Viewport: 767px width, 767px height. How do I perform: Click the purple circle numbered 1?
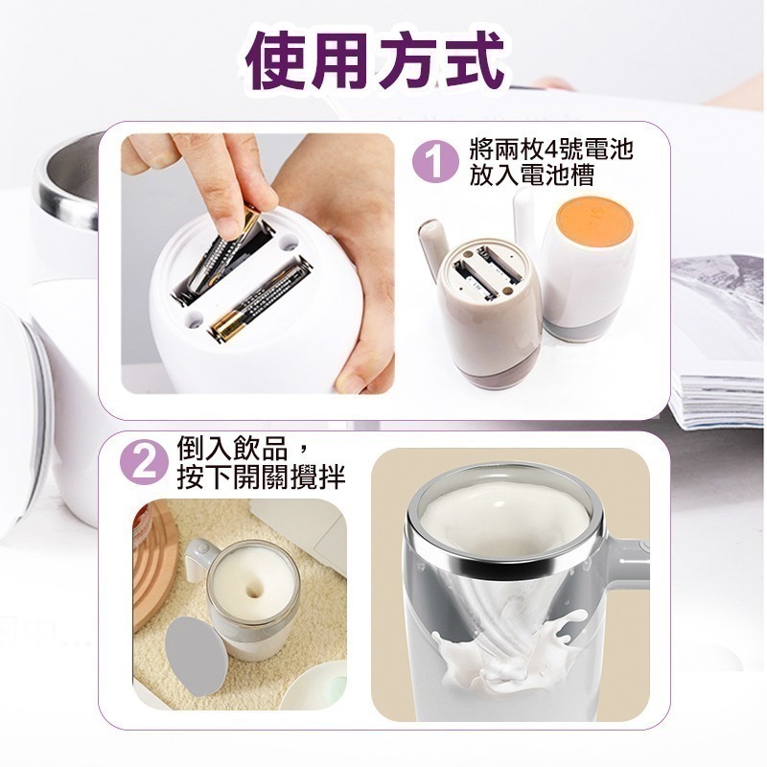pyautogui.click(x=435, y=163)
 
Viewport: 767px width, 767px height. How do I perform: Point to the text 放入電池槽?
pyautogui.click(x=532, y=175)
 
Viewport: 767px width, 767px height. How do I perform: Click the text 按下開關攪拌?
pyautogui.click(x=261, y=476)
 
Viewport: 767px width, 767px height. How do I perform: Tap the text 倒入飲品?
pyautogui.click(x=232, y=449)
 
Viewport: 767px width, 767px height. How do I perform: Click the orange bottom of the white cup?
pyautogui.click(x=594, y=223)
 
